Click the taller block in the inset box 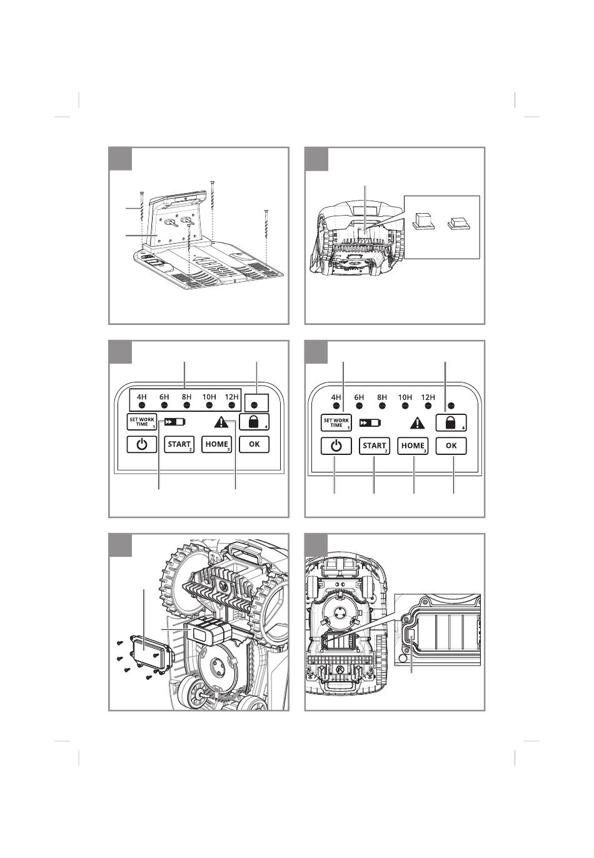click(x=423, y=221)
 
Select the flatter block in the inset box click(x=459, y=223)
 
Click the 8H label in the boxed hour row click(x=186, y=397)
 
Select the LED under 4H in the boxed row click(x=141, y=405)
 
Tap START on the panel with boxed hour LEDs click(x=179, y=445)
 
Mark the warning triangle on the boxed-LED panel click(x=221, y=422)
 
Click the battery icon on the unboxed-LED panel click(x=370, y=423)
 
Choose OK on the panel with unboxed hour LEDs click(x=451, y=446)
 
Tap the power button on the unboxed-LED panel click(x=336, y=446)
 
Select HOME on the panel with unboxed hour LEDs click(x=413, y=446)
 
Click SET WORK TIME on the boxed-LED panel click(x=142, y=422)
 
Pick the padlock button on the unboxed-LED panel click(x=451, y=423)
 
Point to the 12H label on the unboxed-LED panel click(x=428, y=397)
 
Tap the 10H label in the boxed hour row click(x=209, y=397)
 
